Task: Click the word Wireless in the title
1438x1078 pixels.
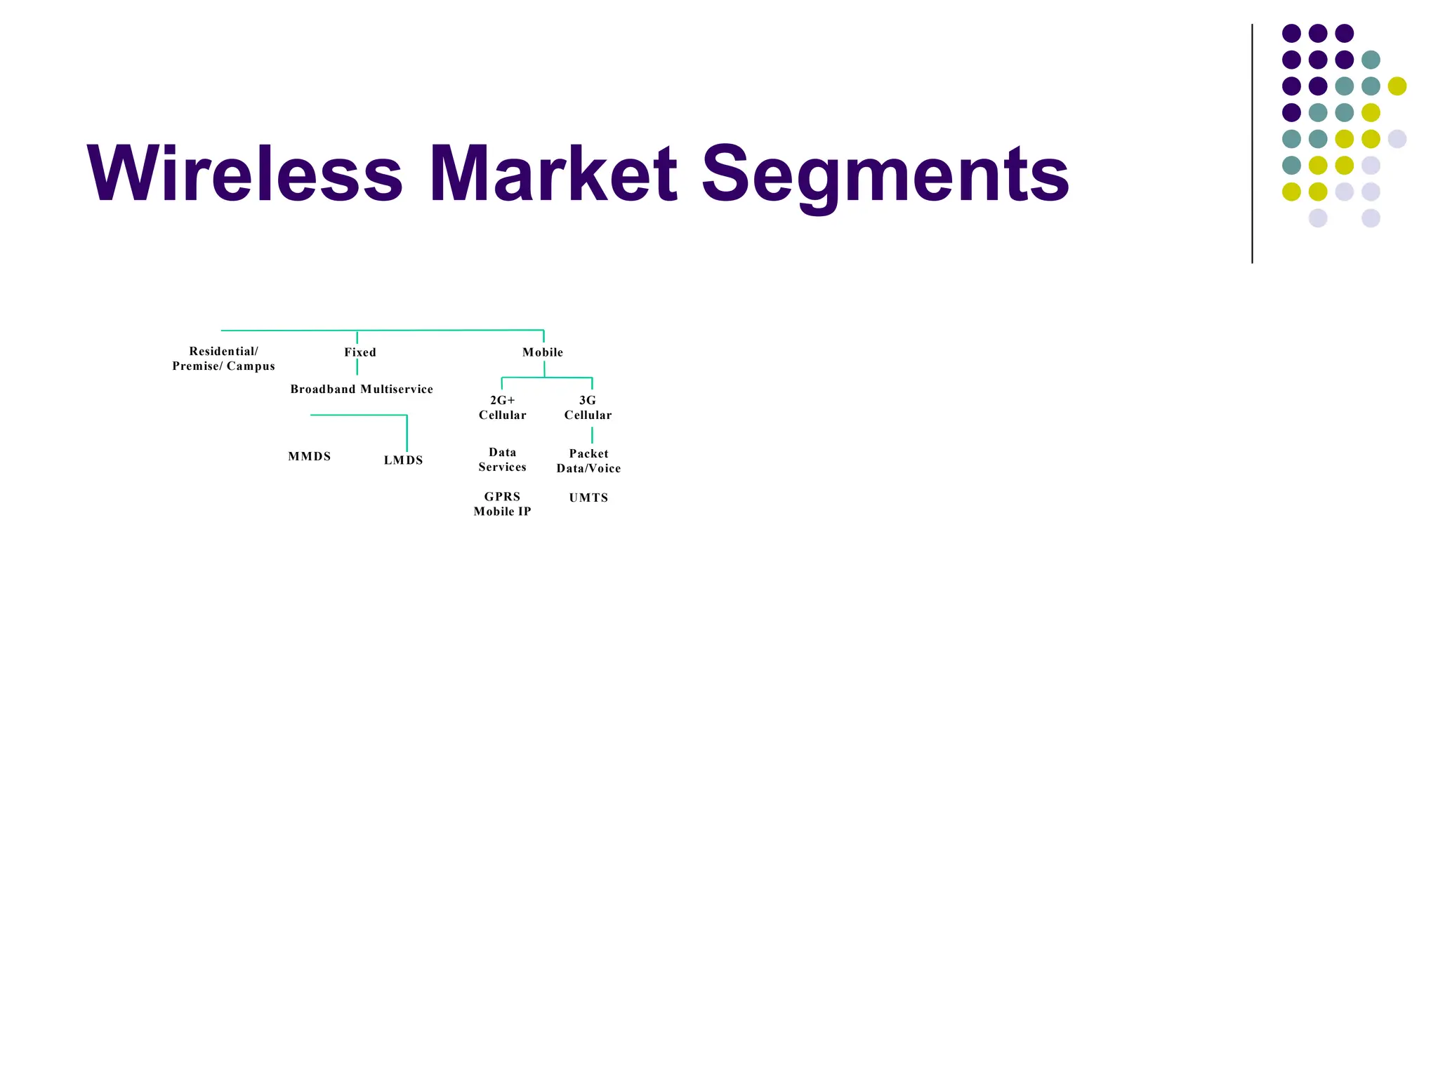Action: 244,173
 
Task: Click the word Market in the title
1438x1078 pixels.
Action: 553,173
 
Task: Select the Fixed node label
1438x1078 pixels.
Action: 360,352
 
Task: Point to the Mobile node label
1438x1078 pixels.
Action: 543,352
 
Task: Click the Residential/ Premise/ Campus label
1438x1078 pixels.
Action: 223,359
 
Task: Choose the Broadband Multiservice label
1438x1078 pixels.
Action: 362,390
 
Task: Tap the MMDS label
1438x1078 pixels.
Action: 310,456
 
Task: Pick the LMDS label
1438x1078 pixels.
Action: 404,460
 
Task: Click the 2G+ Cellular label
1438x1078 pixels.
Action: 503,408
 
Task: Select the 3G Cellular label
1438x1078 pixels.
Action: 588,408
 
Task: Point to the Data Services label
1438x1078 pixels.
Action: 503,460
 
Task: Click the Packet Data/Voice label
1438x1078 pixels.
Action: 588,461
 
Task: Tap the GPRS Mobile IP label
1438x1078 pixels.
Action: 503,504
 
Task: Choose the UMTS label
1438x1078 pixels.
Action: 588,498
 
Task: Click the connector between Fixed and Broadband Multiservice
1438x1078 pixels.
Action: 357,368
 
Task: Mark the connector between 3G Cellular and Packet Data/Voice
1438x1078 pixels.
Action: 592,435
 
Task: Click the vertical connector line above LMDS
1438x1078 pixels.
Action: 407,433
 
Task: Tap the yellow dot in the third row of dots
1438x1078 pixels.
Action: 1397,86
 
